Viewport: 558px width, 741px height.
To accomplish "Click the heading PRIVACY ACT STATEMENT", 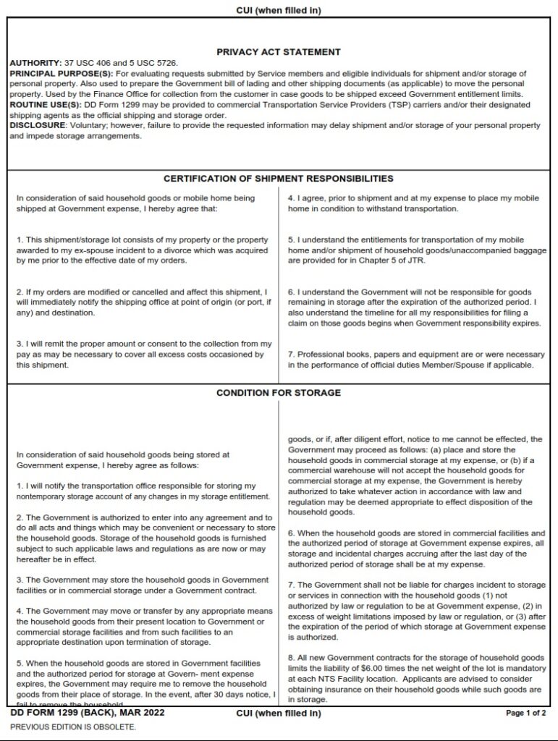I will (279, 52).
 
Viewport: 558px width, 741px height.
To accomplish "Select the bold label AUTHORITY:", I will (32, 64).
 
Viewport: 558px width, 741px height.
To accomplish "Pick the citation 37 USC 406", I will (78, 64).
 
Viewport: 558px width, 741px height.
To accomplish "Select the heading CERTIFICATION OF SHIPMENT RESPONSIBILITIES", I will (279, 178).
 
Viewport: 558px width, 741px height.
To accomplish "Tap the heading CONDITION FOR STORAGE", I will (279, 393).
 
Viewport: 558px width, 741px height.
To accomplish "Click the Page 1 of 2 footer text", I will (526, 714).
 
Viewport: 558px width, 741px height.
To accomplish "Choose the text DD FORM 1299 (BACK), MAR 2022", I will (88, 713).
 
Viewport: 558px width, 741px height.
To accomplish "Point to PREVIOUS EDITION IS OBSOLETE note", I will (72, 727).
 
